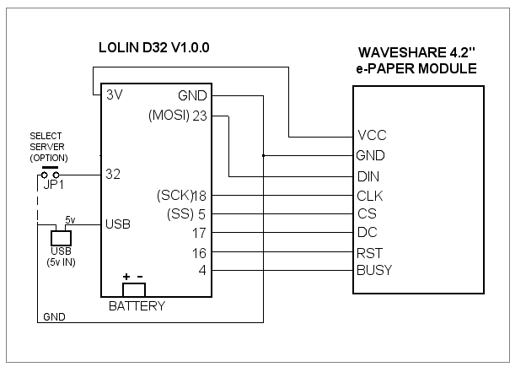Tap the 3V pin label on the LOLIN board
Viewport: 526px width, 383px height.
click(115, 95)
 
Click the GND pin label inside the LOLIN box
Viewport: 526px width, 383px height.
click(193, 95)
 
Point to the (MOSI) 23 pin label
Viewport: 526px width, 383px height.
click(178, 116)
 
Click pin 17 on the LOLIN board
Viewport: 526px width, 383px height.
click(199, 232)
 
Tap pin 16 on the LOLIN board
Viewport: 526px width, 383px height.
click(199, 251)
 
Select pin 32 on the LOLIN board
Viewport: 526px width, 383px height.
click(115, 175)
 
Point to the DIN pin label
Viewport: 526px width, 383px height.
click(368, 177)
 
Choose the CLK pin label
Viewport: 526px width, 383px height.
click(371, 196)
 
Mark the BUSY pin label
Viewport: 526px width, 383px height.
click(374, 270)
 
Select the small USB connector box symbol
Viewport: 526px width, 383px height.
click(60, 238)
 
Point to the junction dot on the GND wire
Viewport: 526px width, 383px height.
click(264, 156)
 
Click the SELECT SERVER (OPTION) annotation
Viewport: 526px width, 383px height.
click(49, 147)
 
